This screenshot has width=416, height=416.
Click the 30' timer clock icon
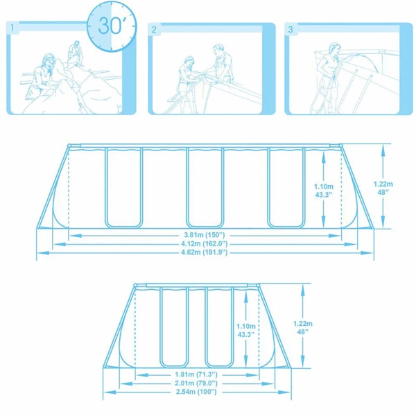(112, 26)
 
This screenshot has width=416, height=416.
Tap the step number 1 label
(12, 28)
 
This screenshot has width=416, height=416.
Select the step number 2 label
(154, 29)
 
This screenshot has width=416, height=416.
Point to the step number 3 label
(291, 29)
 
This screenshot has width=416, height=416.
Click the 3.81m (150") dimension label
(205, 235)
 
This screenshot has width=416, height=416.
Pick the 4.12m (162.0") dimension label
(205, 243)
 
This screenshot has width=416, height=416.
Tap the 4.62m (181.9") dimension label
(205, 252)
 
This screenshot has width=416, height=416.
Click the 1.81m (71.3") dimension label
(196, 374)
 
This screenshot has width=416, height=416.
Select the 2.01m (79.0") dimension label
(196, 383)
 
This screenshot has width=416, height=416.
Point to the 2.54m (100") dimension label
(196, 392)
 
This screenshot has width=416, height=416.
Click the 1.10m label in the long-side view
(323, 187)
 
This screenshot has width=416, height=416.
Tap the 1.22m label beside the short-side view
(303, 324)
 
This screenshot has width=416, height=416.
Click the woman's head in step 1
(49, 60)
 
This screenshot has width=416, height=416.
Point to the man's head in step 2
(218, 50)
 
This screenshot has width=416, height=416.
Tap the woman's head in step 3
(334, 49)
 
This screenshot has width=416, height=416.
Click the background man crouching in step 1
(76, 53)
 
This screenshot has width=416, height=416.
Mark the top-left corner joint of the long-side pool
(69, 146)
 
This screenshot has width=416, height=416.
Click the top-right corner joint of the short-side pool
(258, 286)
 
